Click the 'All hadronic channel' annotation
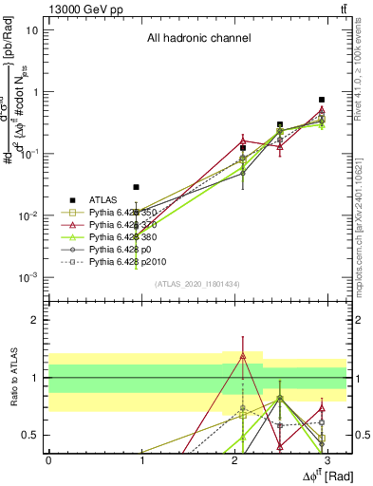(x=198, y=39)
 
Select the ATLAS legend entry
(x=103, y=199)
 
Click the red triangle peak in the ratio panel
(x=243, y=356)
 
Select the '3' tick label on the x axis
(x=326, y=459)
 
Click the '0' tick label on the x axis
(x=48, y=459)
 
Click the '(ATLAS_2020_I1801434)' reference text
(x=197, y=284)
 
